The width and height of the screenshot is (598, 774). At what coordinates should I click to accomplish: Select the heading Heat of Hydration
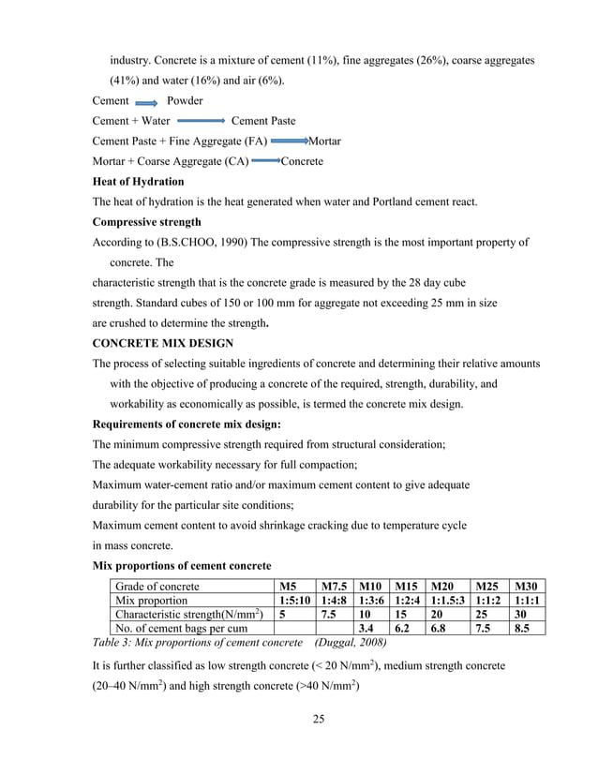click(138, 182)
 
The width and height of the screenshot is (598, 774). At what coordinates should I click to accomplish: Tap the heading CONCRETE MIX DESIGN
click(164, 344)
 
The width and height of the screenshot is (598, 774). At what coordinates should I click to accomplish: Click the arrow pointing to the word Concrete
click(266, 162)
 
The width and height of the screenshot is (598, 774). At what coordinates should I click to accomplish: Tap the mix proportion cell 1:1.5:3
click(447, 601)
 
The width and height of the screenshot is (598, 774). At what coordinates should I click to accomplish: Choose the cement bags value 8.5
click(525, 629)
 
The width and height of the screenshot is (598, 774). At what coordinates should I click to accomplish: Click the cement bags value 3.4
click(369, 629)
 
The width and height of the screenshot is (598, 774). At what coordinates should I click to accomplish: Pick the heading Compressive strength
click(146, 223)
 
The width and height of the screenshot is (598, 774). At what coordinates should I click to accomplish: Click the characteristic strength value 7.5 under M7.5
click(326, 615)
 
